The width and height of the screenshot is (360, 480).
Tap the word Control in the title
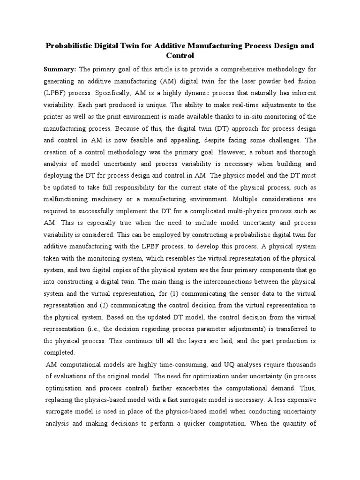(x=180, y=56)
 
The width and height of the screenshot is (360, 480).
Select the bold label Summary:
(x=60, y=69)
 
